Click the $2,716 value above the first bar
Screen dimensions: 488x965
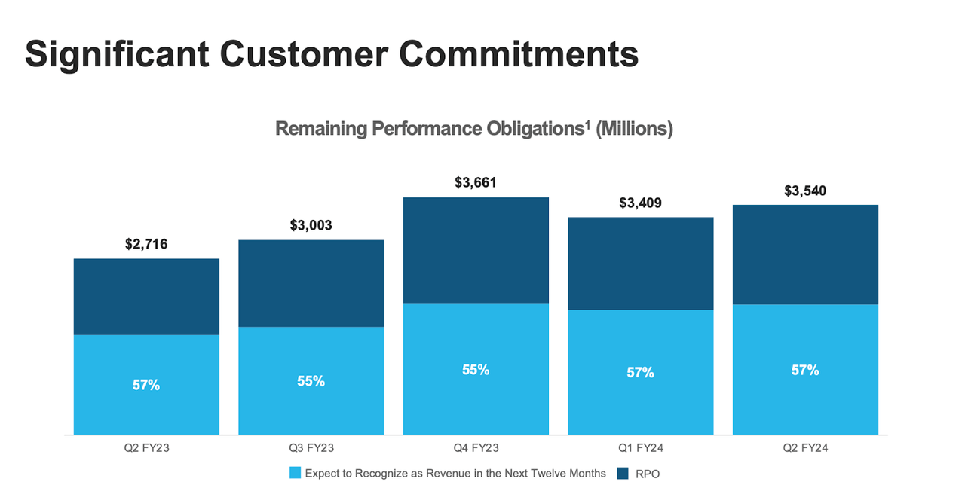(146, 244)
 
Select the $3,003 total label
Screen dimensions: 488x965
(311, 225)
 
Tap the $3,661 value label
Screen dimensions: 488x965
(476, 182)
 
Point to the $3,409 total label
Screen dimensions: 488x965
(640, 203)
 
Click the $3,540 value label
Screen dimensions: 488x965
(805, 191)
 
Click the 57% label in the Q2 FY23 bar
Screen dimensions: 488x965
(146, 385)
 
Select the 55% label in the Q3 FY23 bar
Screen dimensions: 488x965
(311, 381)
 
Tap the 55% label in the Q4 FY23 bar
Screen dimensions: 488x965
(476, 370)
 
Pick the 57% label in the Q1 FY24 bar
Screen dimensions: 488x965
(640, 372)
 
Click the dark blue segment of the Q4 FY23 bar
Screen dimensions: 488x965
(476, 250)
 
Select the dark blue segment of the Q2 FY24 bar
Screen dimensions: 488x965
(805, 255)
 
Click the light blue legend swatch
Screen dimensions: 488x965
(295, 474)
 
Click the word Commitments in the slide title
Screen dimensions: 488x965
(519, 54)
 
